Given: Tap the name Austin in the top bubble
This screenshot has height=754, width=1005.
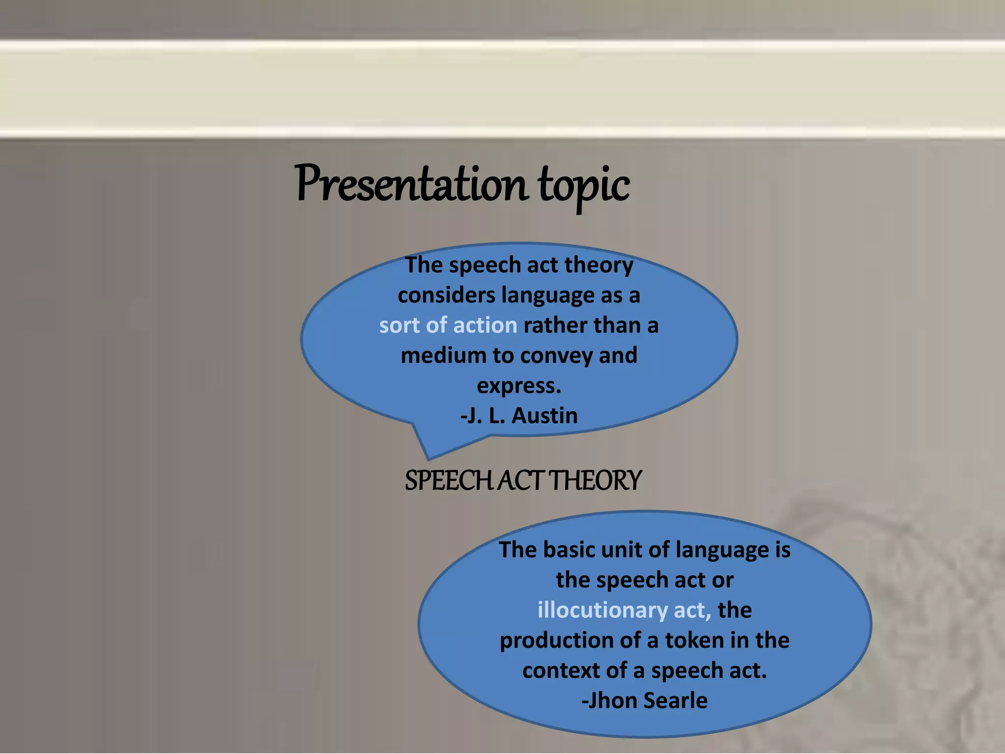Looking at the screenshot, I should click(x=544, y=416).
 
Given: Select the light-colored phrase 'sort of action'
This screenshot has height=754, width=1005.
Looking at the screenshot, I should click(x=448, y=325).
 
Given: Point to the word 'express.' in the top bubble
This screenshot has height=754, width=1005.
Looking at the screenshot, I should click(x=519, y=386).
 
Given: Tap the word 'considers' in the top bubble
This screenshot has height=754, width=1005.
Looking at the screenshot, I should click(x=446, y=296).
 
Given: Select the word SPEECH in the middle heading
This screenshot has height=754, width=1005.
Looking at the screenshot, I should click(x=449, y=481).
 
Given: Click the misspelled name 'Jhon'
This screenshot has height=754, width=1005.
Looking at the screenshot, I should click(x=611, y=700).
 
